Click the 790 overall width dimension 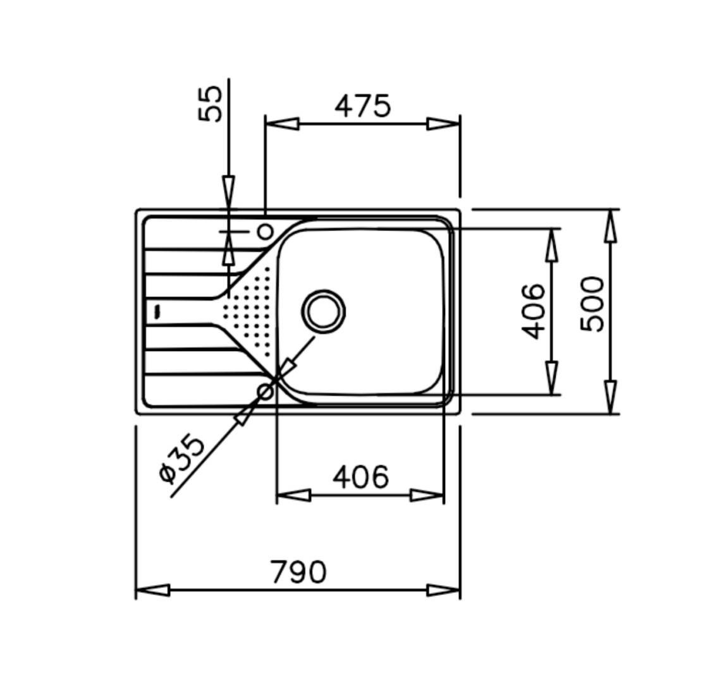coord(298,572)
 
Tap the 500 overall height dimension coord(592,304)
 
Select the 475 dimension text coord(363,106)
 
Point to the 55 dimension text coord(211,104)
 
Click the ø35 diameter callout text coord(181,459)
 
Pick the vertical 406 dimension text coord(533,311)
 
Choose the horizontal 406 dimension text coord(361,477)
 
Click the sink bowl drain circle coord(323,311)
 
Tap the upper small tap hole coord(266,231)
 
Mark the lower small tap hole coord(266,393)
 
